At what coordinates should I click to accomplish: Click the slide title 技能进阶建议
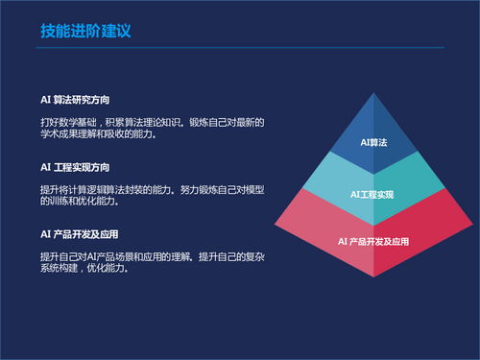point(84,31)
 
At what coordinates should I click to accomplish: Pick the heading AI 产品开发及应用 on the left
point(79,233)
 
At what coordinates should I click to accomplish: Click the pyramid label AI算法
point(372,142)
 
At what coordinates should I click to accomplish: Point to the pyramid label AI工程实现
point(372,195)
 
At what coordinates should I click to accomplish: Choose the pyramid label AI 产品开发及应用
point(373,240)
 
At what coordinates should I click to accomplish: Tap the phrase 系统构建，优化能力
point(84,269)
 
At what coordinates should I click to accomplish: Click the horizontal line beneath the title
point(240,47)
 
